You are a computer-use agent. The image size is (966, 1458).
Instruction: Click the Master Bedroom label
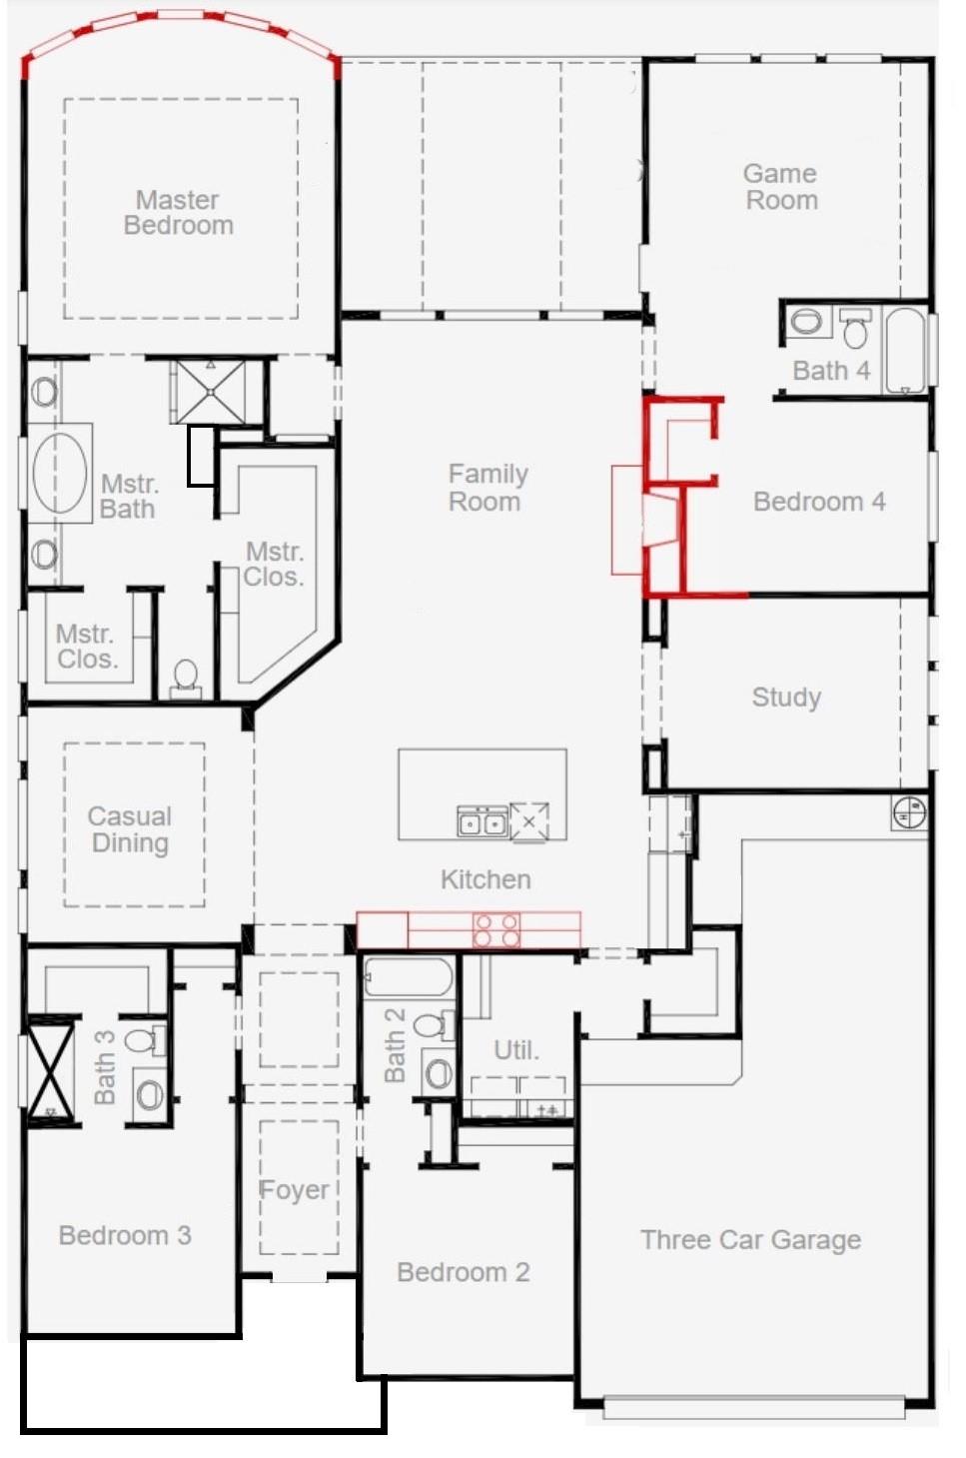(x=178, y=212)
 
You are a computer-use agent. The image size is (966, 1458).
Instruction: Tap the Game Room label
(x=781, y=186)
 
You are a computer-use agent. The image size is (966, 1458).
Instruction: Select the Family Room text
(x=487, y=488)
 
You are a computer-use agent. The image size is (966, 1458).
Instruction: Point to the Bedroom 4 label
(x=819, y=502)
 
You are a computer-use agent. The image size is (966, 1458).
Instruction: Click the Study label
(x=786, y=698)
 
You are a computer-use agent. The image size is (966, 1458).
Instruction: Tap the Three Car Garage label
(x=751, y=1239)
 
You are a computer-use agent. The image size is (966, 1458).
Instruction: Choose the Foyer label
(x=294, y=1190)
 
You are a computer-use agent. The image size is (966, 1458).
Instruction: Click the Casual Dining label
(x=130, y=829)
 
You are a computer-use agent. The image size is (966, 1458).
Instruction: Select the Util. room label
(x=516, y=1050)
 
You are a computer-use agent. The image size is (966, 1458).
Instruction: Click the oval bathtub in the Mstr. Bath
(x=59, y=474)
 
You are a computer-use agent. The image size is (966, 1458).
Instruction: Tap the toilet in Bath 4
(x=855, y=328)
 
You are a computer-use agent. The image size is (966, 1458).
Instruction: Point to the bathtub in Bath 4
(x=905, y=350)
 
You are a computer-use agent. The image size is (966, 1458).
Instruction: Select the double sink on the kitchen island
(x=483, y=820)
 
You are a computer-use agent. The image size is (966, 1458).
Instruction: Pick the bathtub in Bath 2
(x=408, y=977)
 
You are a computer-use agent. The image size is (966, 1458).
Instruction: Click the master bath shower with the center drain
(x=211, y=392)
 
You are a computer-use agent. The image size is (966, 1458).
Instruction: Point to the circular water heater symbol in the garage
(x=909, y=811)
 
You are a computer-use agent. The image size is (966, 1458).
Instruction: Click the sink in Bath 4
(x=806, y=322)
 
